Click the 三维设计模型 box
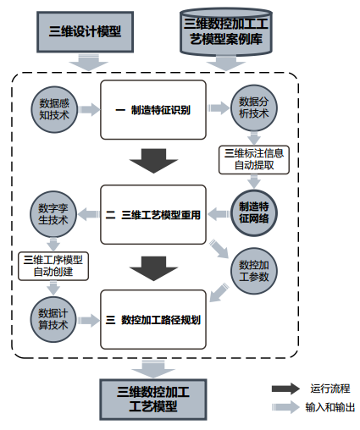85,32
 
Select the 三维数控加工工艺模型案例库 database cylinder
226,31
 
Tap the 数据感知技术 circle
54,109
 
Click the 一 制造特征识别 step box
153,110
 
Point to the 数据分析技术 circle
254,107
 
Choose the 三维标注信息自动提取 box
254,160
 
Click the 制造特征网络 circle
254,213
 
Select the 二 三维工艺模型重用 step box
153,214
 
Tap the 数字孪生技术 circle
53,214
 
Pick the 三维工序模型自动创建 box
53,266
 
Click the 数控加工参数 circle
254,271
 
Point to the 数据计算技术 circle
53,319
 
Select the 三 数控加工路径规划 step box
153,319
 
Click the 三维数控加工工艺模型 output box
153,400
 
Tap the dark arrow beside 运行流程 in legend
285,389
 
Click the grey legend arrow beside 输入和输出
285,407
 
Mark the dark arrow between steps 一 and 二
153,161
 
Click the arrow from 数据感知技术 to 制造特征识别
90,109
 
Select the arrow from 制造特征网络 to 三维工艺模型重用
219,214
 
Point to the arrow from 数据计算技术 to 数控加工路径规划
89,320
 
